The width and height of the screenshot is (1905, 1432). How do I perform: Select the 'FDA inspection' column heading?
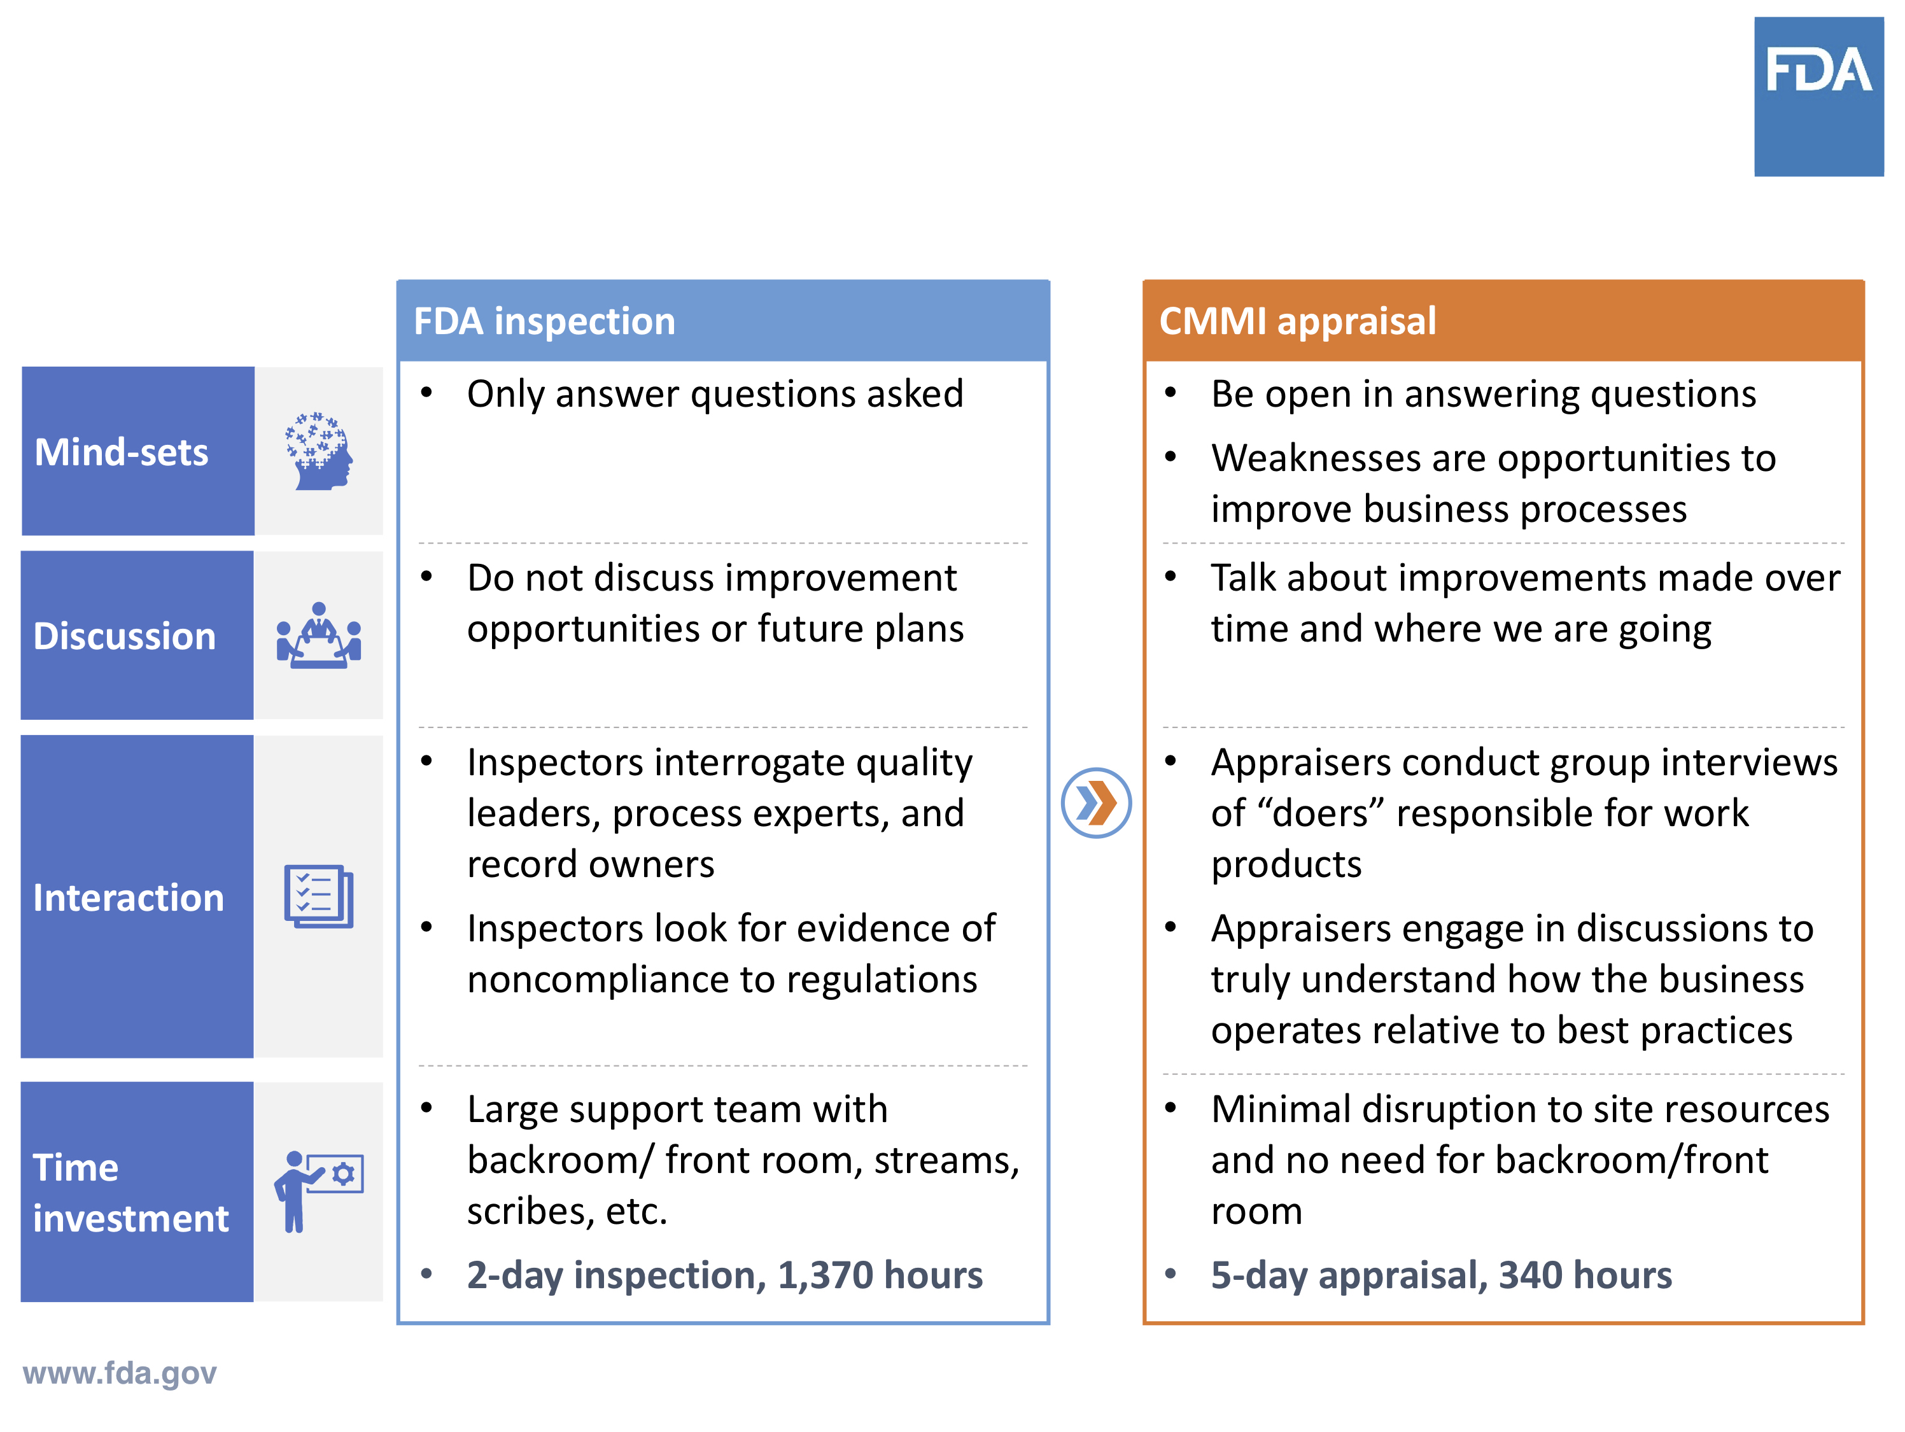click(x=544, y=321)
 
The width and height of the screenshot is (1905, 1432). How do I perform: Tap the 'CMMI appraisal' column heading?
click(x=1297, y=321)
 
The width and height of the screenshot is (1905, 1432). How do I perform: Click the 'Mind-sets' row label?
click(x=122, y=452)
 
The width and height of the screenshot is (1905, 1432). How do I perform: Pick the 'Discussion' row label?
click(x=124, y=636)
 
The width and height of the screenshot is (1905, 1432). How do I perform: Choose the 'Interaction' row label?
click(x=129, y=898)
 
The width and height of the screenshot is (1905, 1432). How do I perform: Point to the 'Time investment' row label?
click(x=131, y=1193)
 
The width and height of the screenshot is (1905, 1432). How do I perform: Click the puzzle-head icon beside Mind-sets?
click(x=320, y=451)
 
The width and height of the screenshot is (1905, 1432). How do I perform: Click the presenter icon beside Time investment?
click(x=319, y=1192)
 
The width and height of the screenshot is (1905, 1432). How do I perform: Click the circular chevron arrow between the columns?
click(x=1095, y=803)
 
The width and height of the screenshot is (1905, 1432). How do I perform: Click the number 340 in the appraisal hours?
click(x=1529, y=1275)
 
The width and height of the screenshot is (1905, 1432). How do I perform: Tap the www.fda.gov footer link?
click(x=120, y=1373)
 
